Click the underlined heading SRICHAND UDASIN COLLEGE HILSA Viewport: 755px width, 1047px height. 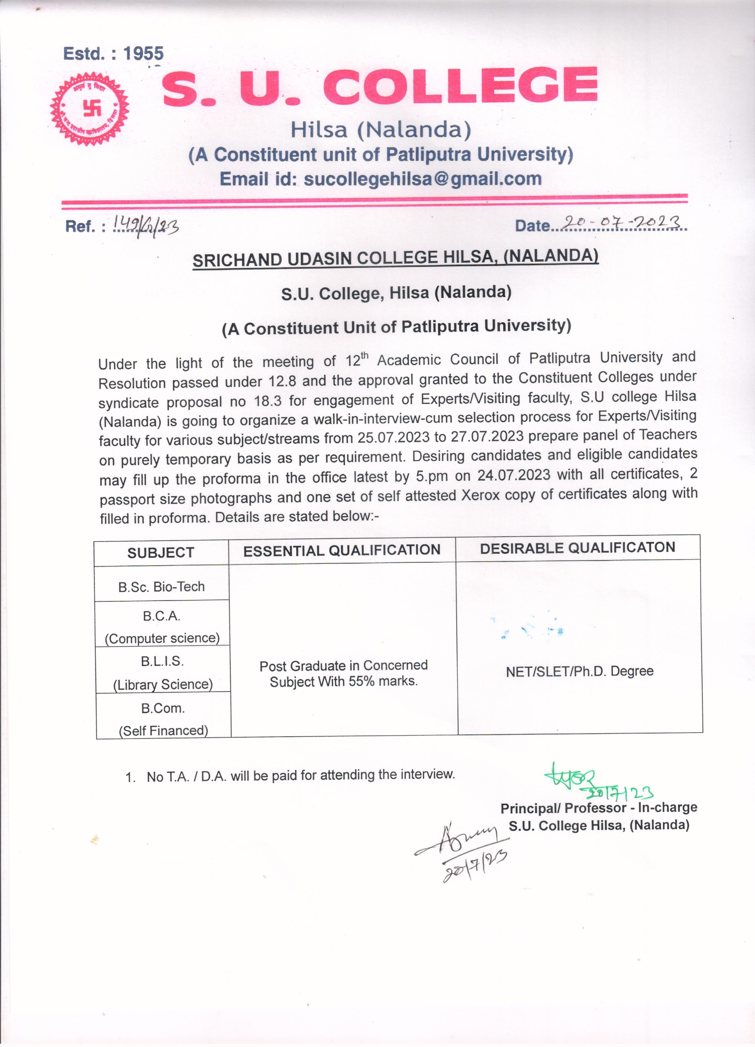395,258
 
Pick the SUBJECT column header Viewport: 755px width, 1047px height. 161,553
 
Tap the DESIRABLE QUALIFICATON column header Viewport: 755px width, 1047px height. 577,548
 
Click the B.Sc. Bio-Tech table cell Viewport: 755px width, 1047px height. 161,587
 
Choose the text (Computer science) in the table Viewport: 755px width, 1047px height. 162,638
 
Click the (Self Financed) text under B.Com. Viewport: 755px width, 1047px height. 163,730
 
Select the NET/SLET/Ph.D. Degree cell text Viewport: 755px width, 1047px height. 579,671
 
